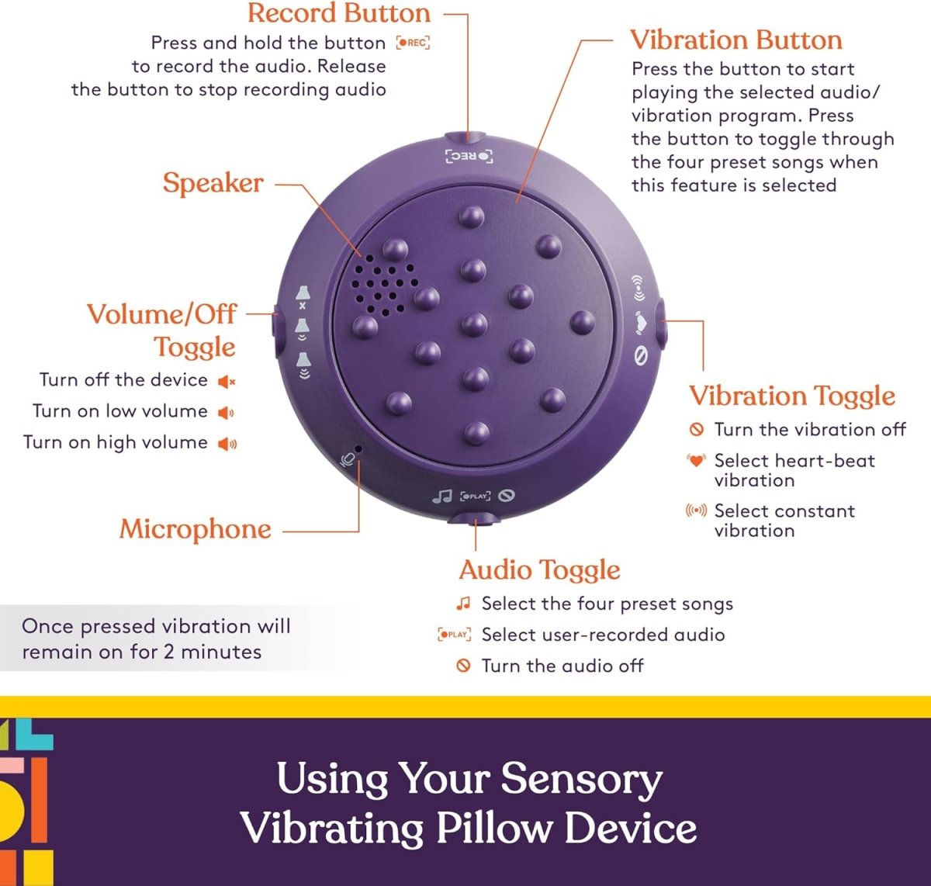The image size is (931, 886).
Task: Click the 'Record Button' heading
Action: click(338, 13)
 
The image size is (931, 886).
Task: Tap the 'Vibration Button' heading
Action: click(735, 40)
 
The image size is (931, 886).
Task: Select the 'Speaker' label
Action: click(213, 183)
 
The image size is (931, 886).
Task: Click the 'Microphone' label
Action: click(195, 529)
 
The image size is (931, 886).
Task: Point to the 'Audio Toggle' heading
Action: click(539, 570)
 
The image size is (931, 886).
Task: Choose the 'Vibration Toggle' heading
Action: click(791, 396)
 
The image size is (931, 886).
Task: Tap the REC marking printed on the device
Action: click(469, 157)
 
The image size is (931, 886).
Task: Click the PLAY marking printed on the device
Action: click(475, 496)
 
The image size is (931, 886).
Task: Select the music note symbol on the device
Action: click(442, 496)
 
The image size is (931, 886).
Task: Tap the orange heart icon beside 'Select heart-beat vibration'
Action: click(696, 460)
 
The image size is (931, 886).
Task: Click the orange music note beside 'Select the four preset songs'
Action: click(463, 603)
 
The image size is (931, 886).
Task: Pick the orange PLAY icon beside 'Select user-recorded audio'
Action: click(454, 635)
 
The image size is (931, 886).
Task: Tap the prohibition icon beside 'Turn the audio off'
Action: click(463, 666)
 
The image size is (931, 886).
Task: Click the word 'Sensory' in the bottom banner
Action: click(581, 779)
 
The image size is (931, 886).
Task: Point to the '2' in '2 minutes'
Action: click(168, 652)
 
